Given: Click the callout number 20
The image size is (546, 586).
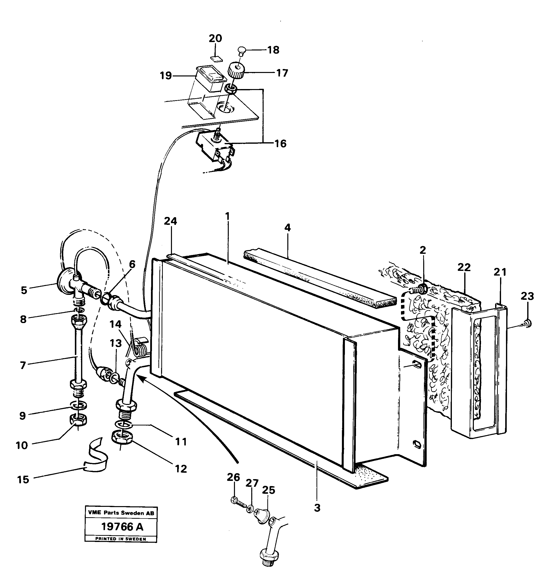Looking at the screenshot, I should click(x=215, y=39).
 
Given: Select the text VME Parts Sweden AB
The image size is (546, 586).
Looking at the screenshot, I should click(x=121, y=513).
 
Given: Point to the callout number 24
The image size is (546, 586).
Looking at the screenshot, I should click(x=170, y=221).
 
